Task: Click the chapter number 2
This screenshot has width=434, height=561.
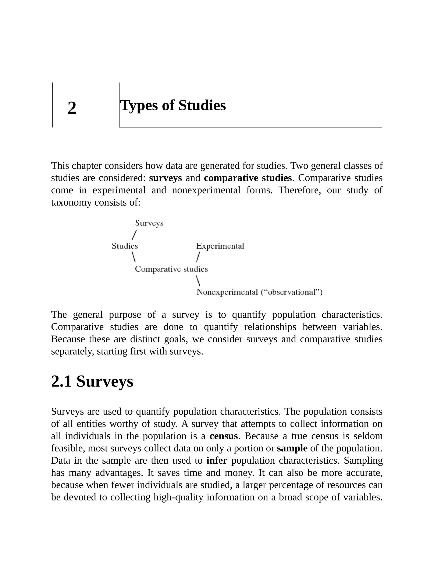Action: [72, 108]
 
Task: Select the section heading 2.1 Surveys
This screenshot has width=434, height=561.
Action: [92, 381]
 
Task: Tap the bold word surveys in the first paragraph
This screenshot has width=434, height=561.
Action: [165, 178]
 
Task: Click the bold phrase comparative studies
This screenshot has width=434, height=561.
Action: [248, 178]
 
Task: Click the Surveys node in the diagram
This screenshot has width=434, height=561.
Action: [149, 223]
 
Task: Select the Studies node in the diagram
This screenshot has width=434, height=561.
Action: [125, 246]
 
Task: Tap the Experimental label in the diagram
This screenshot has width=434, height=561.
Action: [220, 246]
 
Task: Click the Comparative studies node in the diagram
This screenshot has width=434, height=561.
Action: [171, 269]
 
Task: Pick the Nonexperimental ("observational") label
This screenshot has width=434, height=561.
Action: [259, 292]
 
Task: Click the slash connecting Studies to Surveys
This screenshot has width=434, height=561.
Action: [134, 235]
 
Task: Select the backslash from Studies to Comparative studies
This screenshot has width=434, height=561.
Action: [134, 257]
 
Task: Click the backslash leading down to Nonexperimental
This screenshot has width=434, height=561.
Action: [198, 280]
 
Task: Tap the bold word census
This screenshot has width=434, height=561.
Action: [223, 436]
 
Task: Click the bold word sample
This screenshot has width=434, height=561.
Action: [292, 448]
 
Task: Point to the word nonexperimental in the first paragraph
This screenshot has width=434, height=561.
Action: [206, 190]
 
